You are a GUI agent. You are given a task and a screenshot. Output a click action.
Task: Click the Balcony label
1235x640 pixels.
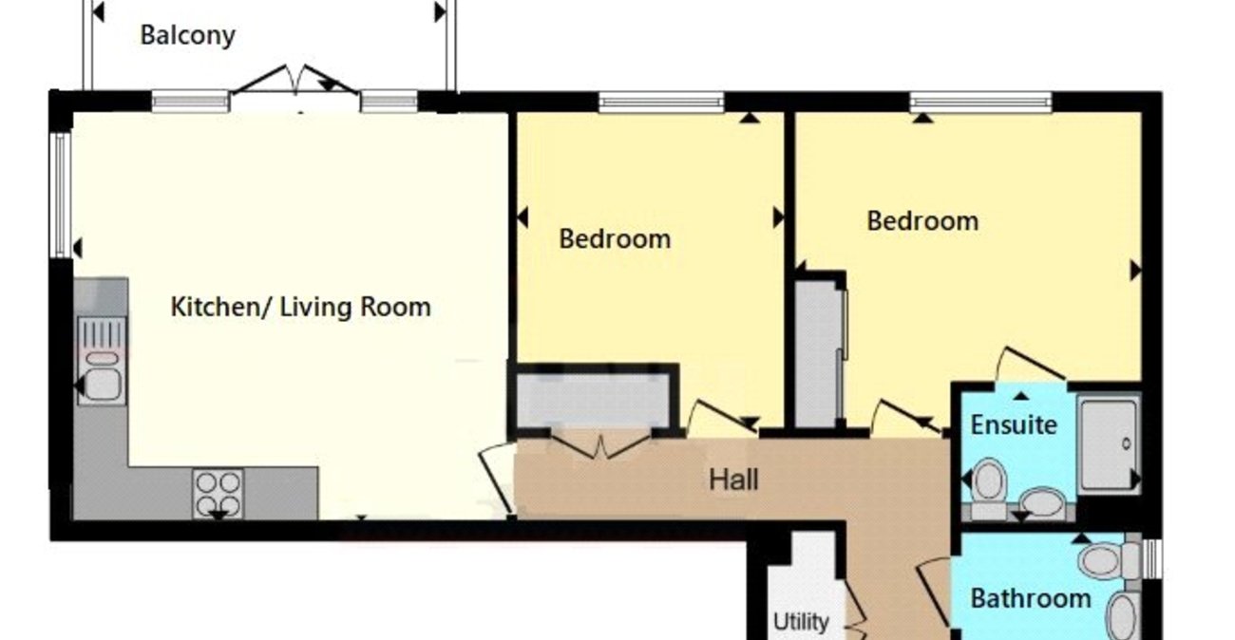(187, 36)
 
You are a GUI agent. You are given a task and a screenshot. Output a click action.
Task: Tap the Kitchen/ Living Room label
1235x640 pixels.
(300, 308)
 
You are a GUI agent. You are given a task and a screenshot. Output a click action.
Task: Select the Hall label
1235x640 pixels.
(733, 480)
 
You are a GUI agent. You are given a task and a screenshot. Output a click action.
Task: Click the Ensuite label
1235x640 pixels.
(1013, 424)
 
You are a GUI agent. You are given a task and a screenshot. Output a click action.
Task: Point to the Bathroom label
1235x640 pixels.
(1030, 599)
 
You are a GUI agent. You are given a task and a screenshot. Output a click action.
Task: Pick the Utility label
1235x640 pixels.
(800, 622)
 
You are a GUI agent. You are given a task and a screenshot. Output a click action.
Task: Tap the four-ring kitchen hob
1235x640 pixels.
(218, 493)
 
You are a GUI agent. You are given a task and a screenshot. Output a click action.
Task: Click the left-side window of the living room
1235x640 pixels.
(60, 195)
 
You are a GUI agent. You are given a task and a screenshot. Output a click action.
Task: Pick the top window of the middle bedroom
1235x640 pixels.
(661, 101)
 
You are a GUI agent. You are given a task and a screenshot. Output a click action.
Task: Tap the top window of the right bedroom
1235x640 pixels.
(980, 101)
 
